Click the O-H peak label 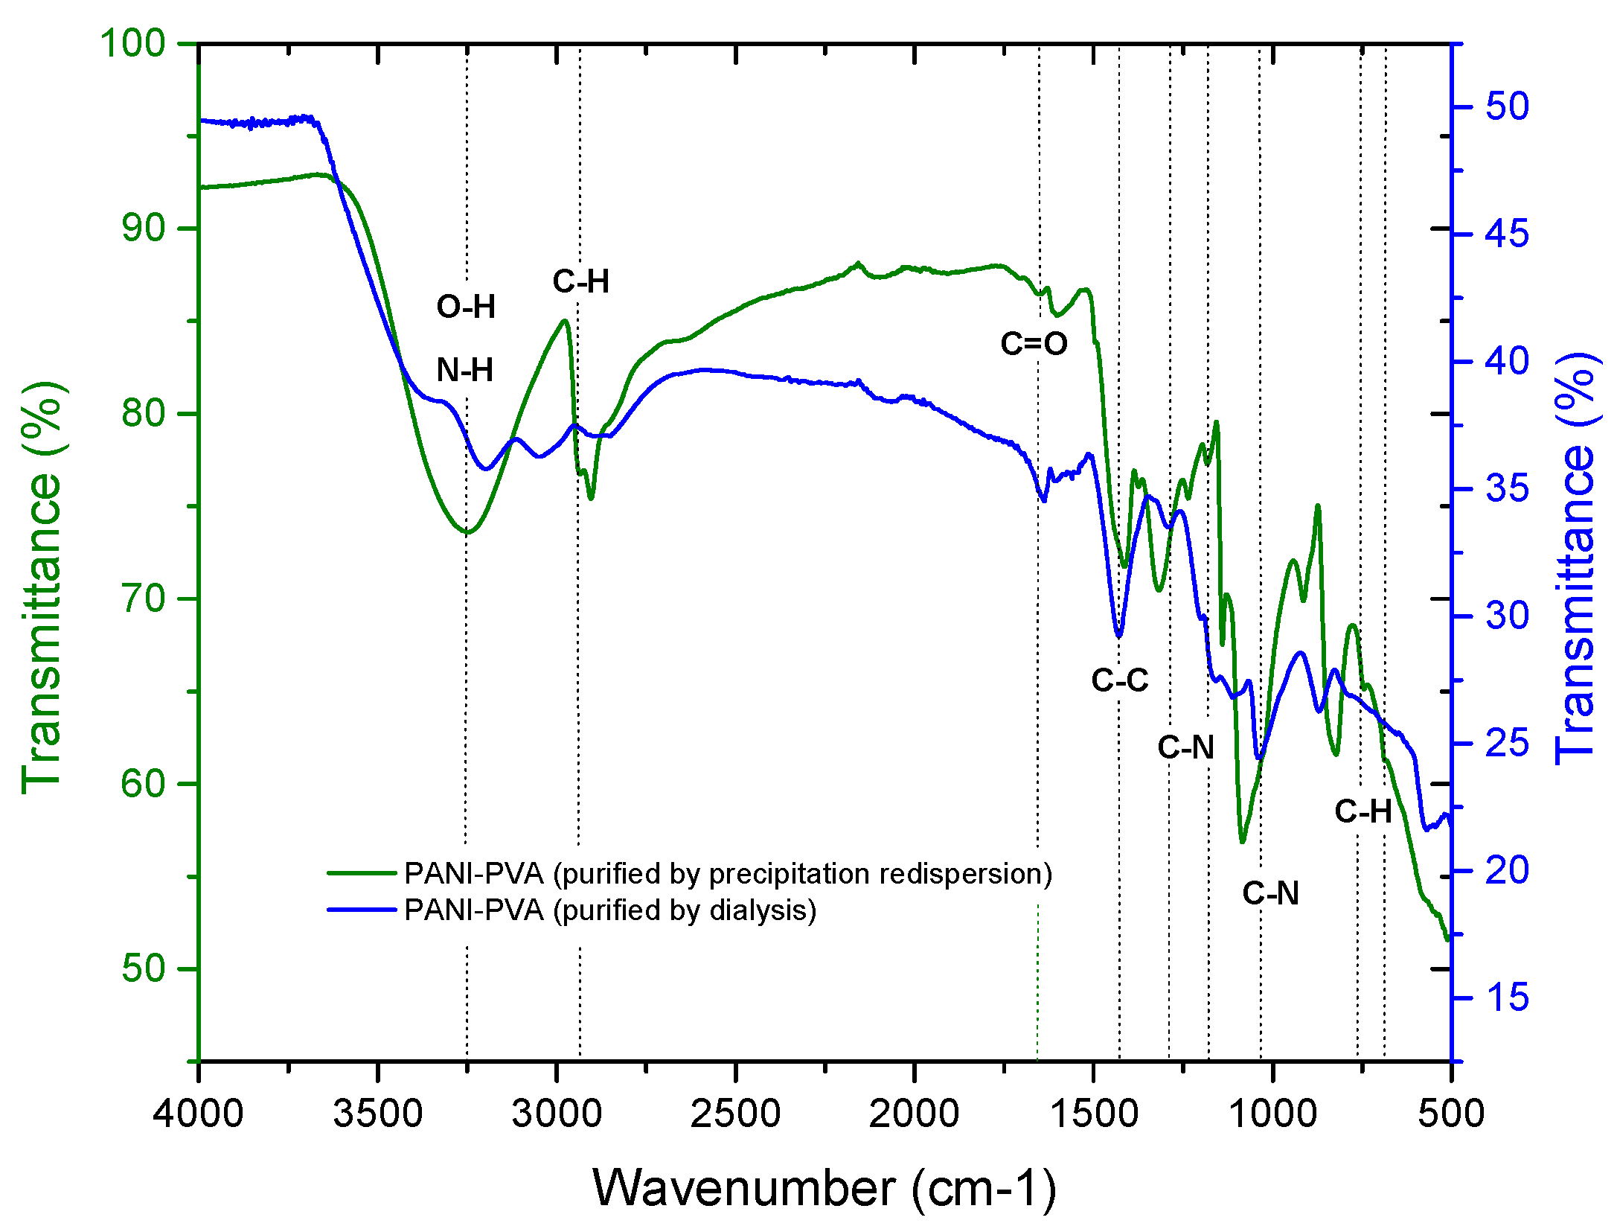point(466,307)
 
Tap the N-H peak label point(465,370)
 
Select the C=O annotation point(1034,344)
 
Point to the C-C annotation point(1119,680)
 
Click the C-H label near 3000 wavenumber point(580,281)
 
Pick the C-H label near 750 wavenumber point(1363,811)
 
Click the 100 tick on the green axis point(132,43)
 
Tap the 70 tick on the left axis point(143,598)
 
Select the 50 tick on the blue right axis point(1507,106)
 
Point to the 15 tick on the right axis point(1507,998)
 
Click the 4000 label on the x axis point(199,1114)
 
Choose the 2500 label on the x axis point(735,1114)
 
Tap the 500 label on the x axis point(1450,1114)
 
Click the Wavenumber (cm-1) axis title point(824,1188)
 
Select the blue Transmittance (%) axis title point(1576,558)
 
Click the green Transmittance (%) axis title point(43,588)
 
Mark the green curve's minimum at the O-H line point(467,532)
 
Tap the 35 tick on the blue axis point(1507,489)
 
